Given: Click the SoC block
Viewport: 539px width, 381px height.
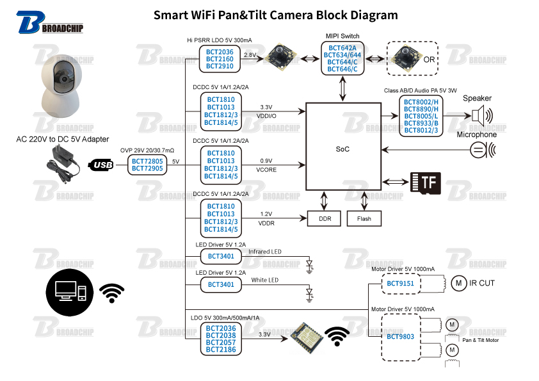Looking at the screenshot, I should [x=343, y=149].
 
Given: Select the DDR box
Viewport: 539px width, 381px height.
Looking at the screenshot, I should [x=325, y=218].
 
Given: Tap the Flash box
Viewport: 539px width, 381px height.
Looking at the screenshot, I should [x=364, y=218].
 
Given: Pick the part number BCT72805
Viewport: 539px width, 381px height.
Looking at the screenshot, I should [x=147, y=161].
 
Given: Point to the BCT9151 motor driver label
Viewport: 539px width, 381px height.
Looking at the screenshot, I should [x=401, y=283].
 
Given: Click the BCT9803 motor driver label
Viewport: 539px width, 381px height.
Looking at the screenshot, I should [x=401, y=336].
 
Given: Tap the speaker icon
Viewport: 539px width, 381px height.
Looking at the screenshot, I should [x=482, y=116].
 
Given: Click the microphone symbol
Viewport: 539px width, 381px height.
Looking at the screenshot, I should [x=481, y=150].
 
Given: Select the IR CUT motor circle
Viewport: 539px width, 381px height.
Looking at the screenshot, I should [x=458, y=282].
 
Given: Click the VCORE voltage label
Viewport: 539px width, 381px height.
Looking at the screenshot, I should [x=266, y=170].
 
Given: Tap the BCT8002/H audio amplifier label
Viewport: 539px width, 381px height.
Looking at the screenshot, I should [x=421, y=101].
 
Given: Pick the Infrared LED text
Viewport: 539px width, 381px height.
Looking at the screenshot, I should [x=264, y=252].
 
